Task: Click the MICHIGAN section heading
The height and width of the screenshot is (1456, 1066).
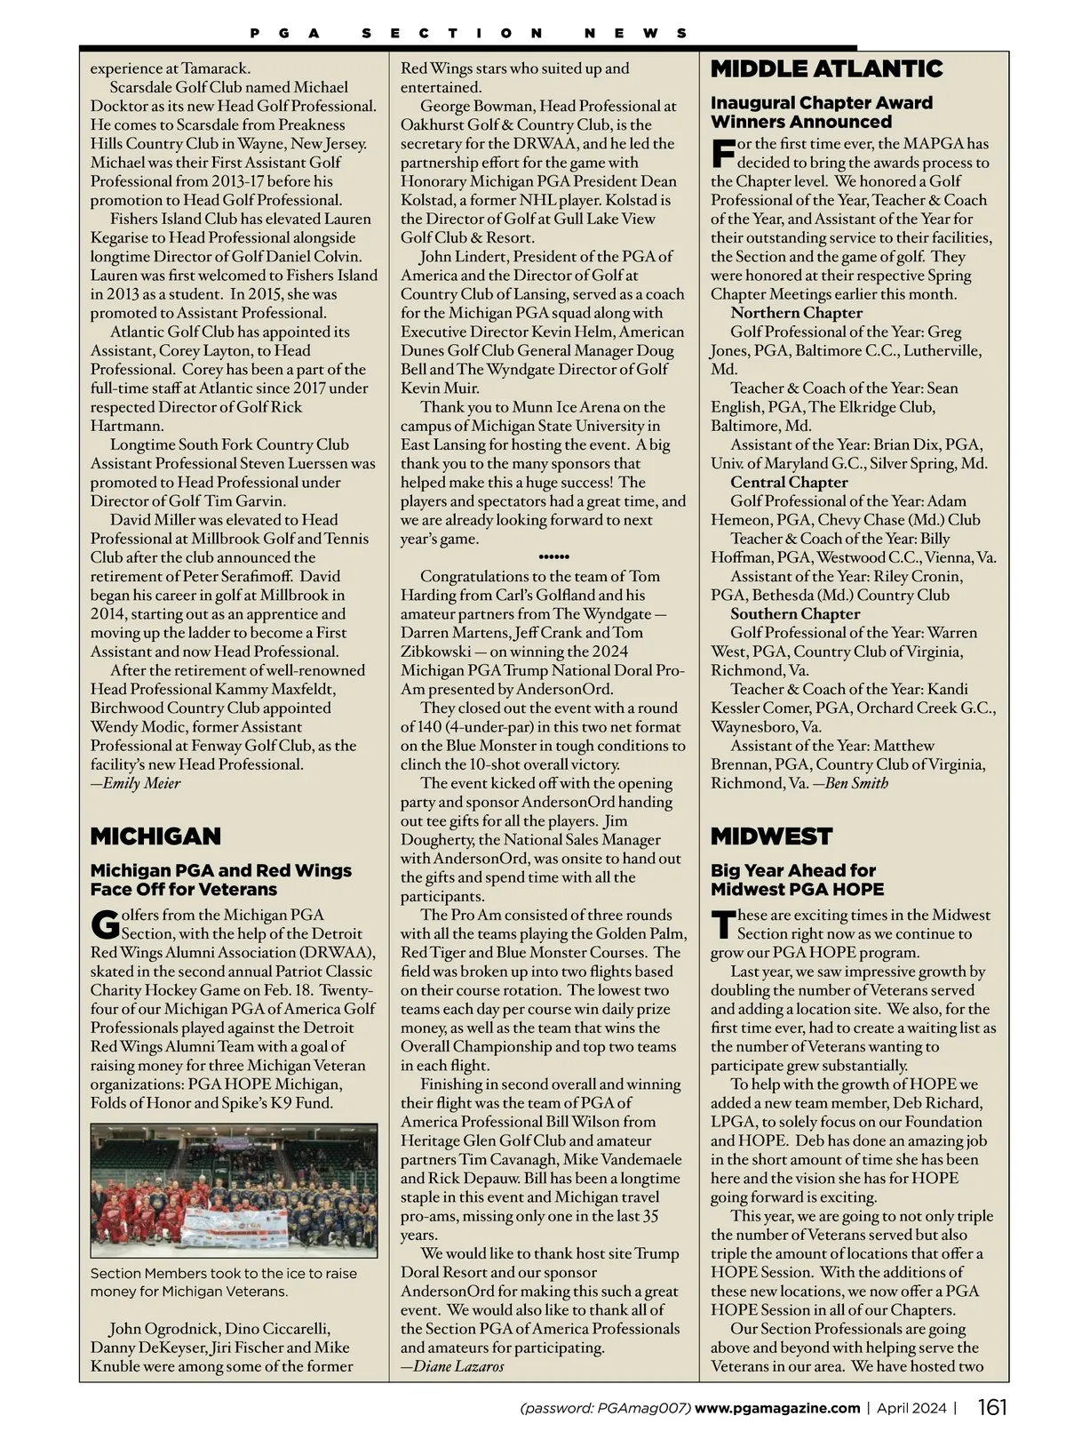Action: pyautogui.click(x=155, y=836)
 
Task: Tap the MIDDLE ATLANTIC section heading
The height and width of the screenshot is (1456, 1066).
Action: pyautogui.click(x=826, y=69)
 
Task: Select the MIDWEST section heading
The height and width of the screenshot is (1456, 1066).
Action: pyautogui.click(x=771, y=836)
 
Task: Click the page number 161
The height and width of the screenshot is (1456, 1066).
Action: pyautogui.click(x=992, y=1408)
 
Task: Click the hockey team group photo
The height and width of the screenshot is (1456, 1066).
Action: pyautogui.click(x=234, y=1190)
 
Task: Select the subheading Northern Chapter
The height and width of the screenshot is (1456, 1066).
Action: pyautogui.click(x=796, y=313)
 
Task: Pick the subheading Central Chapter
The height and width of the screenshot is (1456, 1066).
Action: pyautogui.click(x=789, y=482)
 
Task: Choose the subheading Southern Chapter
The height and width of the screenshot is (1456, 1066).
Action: pyautogui.click(x=795, y=613)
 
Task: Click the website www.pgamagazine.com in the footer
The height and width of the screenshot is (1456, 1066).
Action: pyautogui.click(x=777, y=1408)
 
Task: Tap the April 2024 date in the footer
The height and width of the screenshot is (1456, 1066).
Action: pyautogui.click(x=911, y=1408)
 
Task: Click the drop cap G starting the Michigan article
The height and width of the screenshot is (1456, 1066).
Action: pyautogui.click(x=105, y=924)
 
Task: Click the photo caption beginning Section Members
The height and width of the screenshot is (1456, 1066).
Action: pyautogui.click(x=223, y=1282)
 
